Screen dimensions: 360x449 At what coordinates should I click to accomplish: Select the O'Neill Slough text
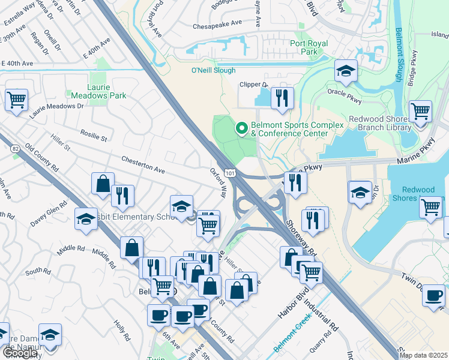213,70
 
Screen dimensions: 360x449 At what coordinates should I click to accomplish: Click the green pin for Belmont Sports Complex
242,128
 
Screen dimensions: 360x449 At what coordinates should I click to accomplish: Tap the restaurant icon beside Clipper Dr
282,98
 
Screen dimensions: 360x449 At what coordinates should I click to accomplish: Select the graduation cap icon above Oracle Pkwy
346,72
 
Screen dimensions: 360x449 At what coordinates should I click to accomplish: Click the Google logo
20,353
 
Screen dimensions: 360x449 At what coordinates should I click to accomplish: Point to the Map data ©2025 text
423,355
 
